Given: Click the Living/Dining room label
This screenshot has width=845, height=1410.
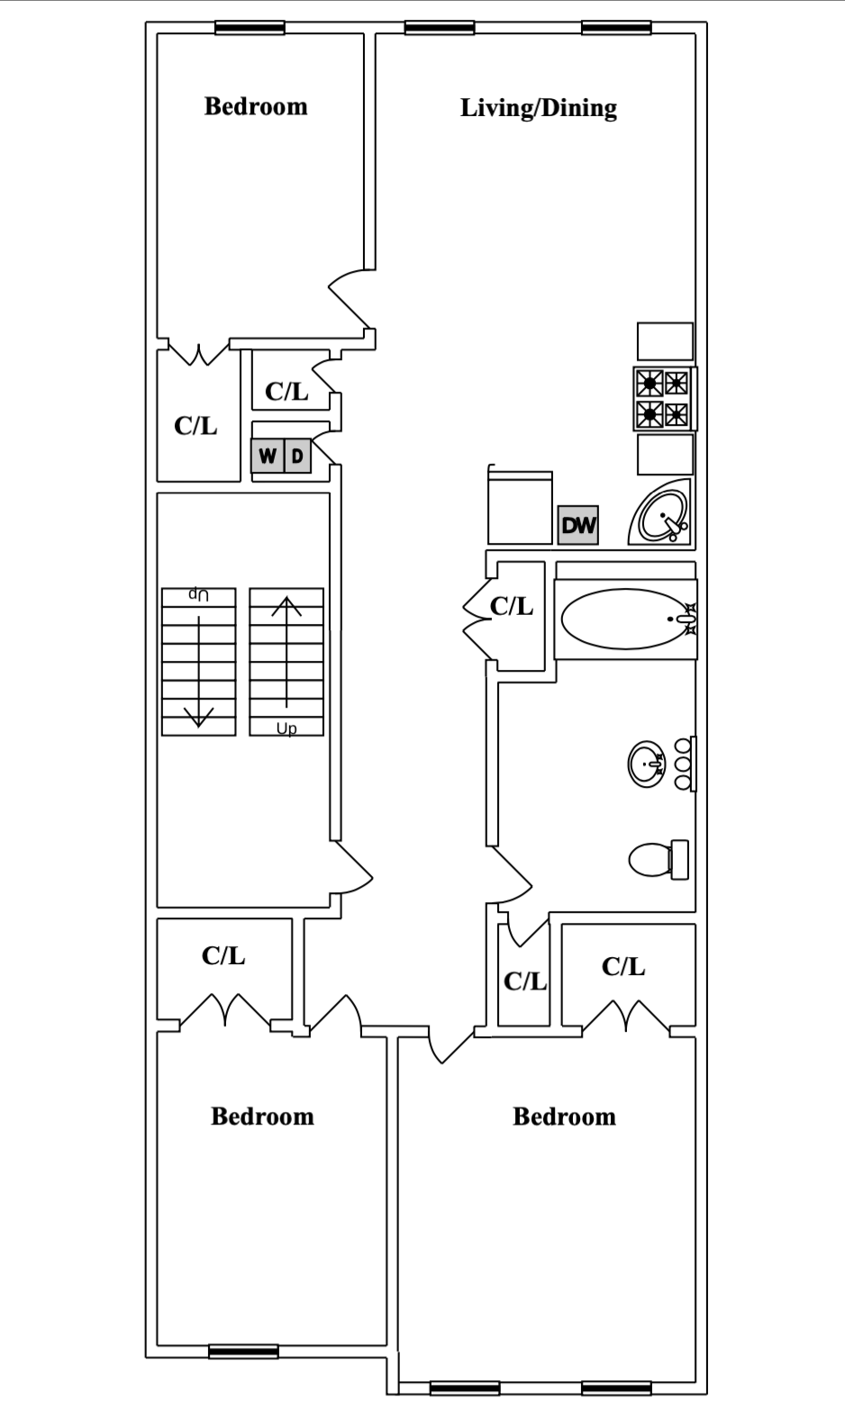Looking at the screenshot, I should click(x=538, y=108).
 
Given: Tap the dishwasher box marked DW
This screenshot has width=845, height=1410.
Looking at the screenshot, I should click(x=577, y=525).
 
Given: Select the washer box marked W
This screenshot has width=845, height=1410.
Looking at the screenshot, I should click(x=268, y=456).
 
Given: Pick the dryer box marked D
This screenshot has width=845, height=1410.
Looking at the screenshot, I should click(x=297, y=456).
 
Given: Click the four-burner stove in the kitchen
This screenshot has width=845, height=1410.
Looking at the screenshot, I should click(x=663, y=398).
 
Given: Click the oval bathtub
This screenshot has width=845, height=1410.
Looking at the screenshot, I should click(x=626, y=619).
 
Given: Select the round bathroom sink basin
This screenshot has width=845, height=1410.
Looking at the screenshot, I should click(x=646, y=764).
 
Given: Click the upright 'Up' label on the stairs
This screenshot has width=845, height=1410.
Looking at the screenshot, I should click(x=286, y=728).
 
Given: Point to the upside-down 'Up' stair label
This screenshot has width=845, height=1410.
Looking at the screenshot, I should click(x=198, y=595).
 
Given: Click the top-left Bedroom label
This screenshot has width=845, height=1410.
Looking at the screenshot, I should click(x=256, y=106).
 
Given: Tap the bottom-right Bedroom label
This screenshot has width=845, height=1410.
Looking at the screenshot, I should click(x=564, y=1116).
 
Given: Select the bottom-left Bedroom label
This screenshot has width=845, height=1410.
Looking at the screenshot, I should click(x=262, y=1116).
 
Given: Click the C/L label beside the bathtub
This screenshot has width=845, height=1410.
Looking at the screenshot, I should click(x=511, y=607).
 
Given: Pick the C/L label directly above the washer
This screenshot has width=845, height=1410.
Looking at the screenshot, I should click(x=286, y=392).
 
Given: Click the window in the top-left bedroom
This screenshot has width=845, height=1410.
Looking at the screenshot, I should click(x=250, y=28).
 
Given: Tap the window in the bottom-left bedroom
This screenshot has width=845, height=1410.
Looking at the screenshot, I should click(x=243, y=1351).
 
